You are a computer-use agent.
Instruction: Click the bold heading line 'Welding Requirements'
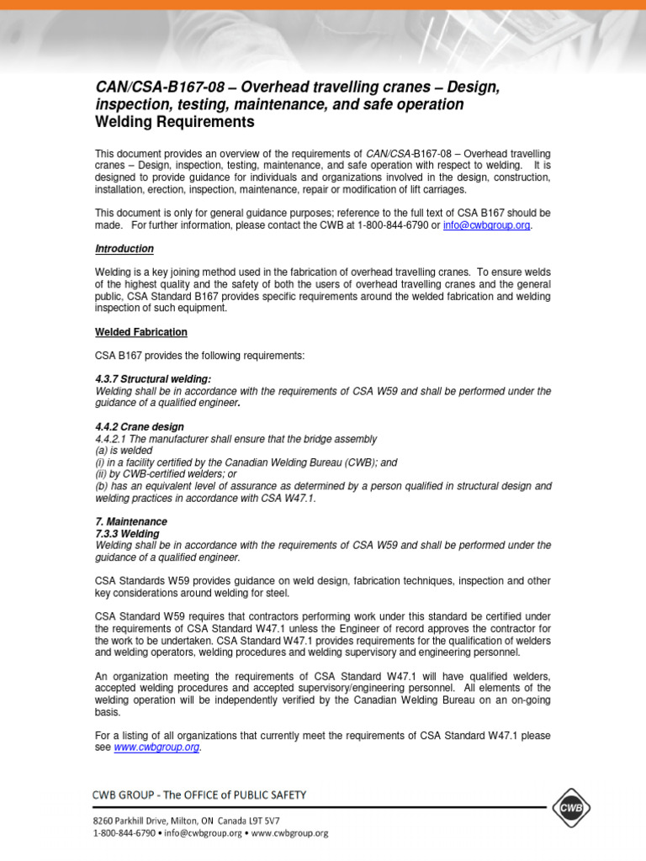point(175,122)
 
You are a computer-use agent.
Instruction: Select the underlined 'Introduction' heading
point(124,249)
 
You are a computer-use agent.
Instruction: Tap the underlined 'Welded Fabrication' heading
point(140,332)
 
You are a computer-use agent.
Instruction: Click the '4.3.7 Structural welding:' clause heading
point(152,379)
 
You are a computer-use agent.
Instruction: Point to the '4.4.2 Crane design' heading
point(139,427)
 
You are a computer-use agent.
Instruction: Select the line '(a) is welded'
point(124,451)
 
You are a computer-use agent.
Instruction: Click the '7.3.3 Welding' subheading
point(127,533)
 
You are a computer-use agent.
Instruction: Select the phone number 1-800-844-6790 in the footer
point(124,833)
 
